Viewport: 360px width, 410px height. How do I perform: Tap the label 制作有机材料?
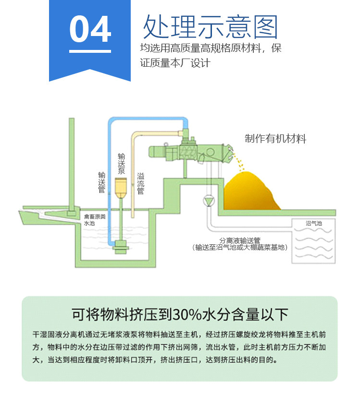275,139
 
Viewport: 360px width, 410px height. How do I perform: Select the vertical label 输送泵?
122,164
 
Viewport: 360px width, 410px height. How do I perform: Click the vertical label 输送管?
101,182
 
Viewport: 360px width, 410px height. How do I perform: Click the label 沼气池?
313,224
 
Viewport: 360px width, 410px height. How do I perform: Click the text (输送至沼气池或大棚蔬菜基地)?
240,248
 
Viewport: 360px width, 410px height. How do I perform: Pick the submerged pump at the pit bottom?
118,246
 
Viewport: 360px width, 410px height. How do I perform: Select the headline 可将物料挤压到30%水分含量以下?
180,314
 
